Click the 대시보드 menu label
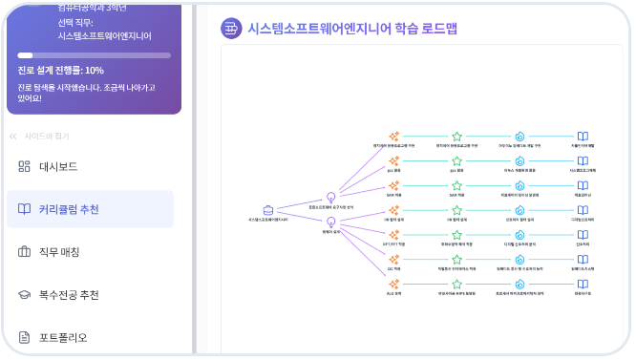(58, 167)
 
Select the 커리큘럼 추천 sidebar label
(68, 209)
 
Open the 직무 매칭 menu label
(59, 252)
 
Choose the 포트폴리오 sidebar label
(63, 337)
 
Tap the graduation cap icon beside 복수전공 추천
(25, 295)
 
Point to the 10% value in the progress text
(94, 71)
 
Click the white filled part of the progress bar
(25, 55)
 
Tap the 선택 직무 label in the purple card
(75, 22)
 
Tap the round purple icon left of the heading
(230, 29)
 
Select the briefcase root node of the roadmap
(268, 210)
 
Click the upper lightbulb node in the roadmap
(331, 197)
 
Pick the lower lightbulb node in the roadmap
(331, 222)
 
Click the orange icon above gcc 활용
(393, 160)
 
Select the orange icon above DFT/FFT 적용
(393, 235)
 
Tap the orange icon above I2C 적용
(393, 260)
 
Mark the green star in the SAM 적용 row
(456, 185)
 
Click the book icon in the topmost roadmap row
(583, 136)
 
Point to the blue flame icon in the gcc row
(519, 160)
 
